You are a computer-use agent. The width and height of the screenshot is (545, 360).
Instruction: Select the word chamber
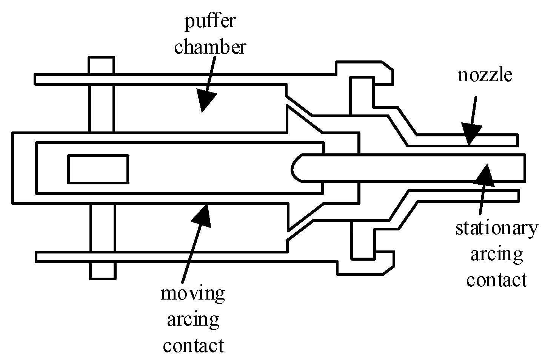210,47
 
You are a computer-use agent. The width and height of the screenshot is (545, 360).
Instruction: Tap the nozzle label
485,75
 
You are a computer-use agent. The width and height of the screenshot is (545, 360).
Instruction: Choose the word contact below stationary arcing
496,280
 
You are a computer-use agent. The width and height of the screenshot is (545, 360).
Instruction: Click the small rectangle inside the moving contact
98,169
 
